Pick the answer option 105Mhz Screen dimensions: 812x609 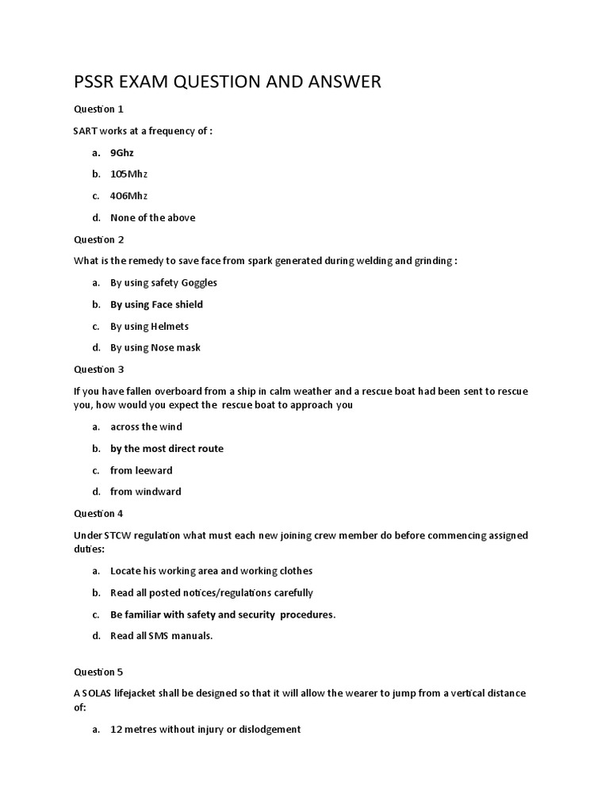128,174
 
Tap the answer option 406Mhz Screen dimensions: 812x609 128,196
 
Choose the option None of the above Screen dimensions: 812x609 152,217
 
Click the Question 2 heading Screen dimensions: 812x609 99,239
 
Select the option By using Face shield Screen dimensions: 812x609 156,304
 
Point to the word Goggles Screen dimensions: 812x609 199,283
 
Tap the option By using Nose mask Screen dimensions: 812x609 155,347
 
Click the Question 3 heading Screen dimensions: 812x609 99,370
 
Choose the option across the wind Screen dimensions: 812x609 146,427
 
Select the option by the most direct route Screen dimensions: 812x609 167,449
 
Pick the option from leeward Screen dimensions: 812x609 141,470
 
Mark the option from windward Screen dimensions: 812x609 145,492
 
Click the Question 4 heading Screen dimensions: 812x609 99,514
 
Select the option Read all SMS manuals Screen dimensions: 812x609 162,636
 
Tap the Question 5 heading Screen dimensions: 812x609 99,672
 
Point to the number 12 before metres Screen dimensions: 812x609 116,730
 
